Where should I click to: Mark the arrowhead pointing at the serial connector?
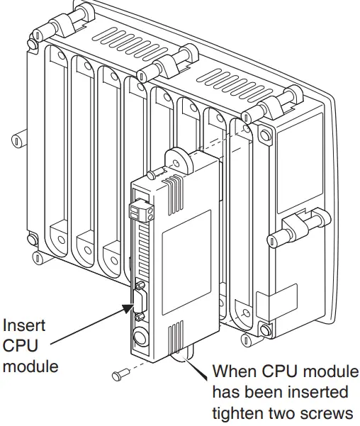click(128, 307)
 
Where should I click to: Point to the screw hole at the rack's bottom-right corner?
click(265, 330)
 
